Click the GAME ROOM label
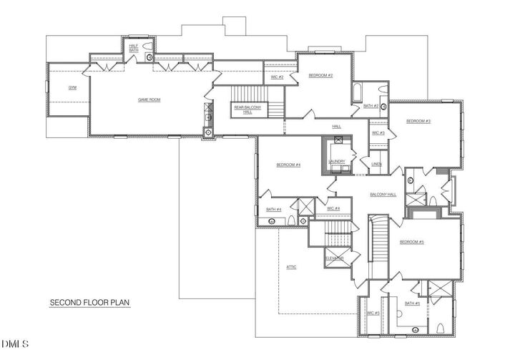pos(149,99)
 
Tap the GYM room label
pos(72,87)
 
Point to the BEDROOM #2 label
pos(320,75)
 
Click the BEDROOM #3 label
pos(418,121)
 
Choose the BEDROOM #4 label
pos(288,165)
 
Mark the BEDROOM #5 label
pos(412,242)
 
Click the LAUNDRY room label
pos(337,162)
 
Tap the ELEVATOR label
pos(335,258)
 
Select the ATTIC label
pos(291,267)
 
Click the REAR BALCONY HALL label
pos(243,110)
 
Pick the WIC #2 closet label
pos(278,76)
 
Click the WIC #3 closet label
pos(378,132)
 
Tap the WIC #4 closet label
pos(333,208)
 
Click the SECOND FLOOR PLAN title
pos(89,303)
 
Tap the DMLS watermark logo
pos(16,344)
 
